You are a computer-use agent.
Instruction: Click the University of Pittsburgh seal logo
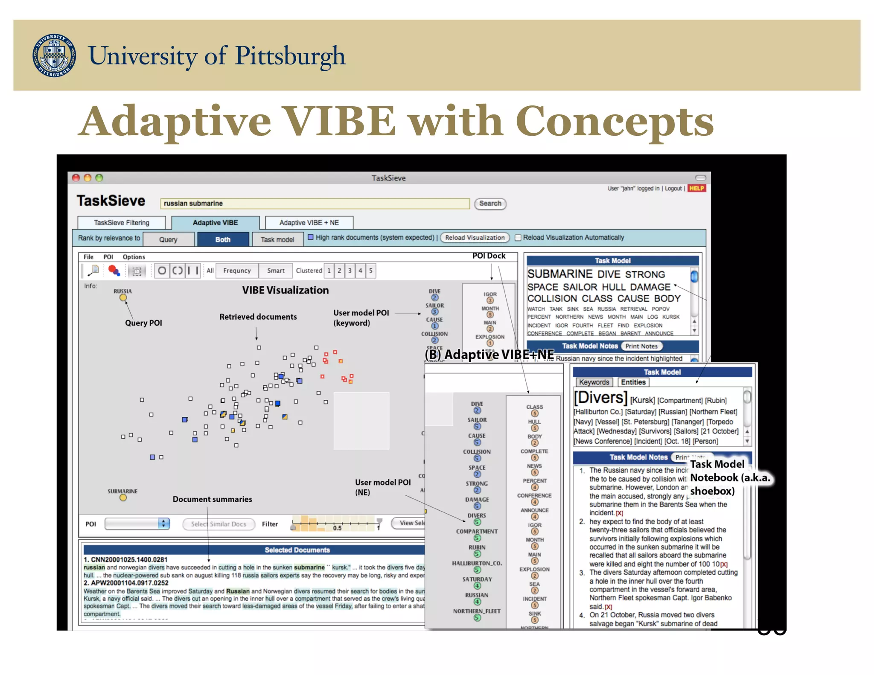point(55,55)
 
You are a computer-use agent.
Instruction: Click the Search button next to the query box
point(490,204)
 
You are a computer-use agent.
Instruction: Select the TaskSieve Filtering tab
point(122,223)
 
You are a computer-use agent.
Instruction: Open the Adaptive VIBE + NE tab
point(309,223)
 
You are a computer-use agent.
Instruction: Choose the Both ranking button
point(223,239)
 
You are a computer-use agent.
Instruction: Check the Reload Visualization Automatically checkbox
point(518,238)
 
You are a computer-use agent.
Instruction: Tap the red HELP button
point(696,188)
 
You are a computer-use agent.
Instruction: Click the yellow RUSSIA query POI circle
point(123,298)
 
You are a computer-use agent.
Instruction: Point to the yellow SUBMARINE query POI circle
point(123,498)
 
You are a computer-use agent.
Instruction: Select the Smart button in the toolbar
point(276,271)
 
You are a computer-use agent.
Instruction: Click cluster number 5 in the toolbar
point(371,271)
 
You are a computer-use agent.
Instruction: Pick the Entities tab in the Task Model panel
point(633,382)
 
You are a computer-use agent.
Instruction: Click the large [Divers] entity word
point(600,398)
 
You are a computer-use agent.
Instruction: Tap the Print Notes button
point(641,346)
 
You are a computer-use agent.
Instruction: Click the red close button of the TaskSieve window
point(76,178)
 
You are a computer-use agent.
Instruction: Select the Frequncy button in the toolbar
point(237,271)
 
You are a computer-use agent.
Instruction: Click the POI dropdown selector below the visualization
point(137,524)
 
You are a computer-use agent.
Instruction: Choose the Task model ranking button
point(277,239)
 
